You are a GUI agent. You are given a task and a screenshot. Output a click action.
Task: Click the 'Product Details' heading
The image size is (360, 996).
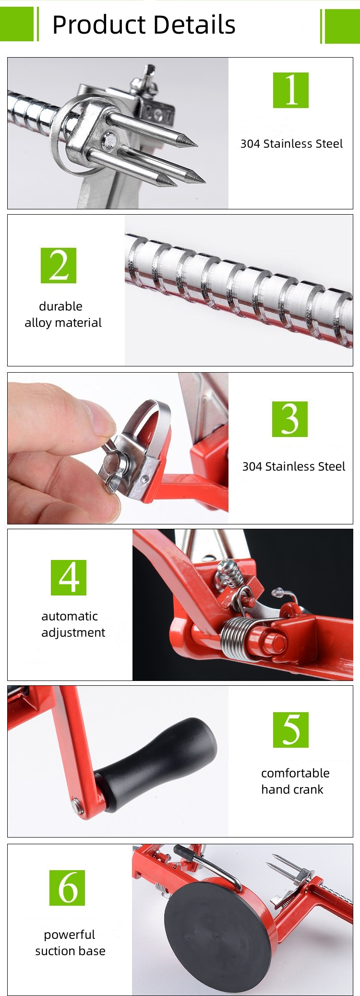point(144,25)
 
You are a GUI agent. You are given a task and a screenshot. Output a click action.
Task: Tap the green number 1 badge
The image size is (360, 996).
point(290,90)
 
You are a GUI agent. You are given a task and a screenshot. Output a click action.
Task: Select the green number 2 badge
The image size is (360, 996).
point(59,266)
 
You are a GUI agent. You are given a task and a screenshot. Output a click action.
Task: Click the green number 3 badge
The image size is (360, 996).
point(289,419)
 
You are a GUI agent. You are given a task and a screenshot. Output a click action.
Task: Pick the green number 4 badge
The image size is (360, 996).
point(69,577)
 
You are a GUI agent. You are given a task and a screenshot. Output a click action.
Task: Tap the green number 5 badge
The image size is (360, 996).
point(290,729)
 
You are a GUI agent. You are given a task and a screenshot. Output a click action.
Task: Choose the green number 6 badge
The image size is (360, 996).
point(67,887)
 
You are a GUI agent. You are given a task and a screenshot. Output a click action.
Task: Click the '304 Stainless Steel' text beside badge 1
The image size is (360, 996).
point(291,144)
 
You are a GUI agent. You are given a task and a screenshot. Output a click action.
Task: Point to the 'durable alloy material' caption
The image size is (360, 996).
point(63,314)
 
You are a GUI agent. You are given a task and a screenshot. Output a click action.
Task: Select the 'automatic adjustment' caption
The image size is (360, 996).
point(72,624)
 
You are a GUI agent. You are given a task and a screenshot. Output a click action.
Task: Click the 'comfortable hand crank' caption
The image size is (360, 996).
point(295,781)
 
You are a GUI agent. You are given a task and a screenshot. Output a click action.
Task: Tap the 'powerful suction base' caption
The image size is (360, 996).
point(70,942)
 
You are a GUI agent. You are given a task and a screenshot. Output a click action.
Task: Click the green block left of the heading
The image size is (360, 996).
point(17,24)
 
